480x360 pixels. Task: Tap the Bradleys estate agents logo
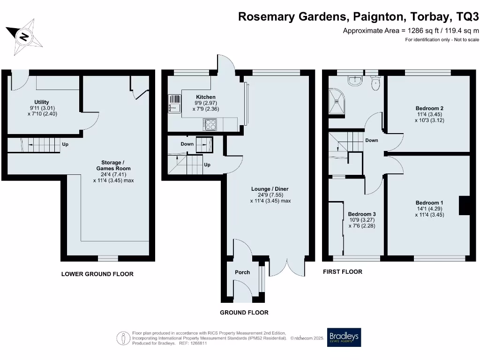coord(344,337)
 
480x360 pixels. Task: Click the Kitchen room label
coord(205,97)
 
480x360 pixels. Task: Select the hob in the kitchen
coord(210,124)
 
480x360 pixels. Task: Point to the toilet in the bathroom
coord(375,84)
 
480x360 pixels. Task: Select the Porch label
coord(242,272)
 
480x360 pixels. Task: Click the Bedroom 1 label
coord(429,203)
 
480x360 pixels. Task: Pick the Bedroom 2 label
coord(429,108)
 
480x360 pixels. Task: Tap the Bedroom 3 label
coord(361,214)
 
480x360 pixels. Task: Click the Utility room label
coord(41,102)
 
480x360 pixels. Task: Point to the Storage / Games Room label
coord(113,165)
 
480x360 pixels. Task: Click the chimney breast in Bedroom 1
coord(464,205)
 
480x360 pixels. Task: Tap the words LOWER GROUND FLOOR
coord(97,274)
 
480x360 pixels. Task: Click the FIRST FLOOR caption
coord(343,272)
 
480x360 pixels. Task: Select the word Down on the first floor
coord(372,140)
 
